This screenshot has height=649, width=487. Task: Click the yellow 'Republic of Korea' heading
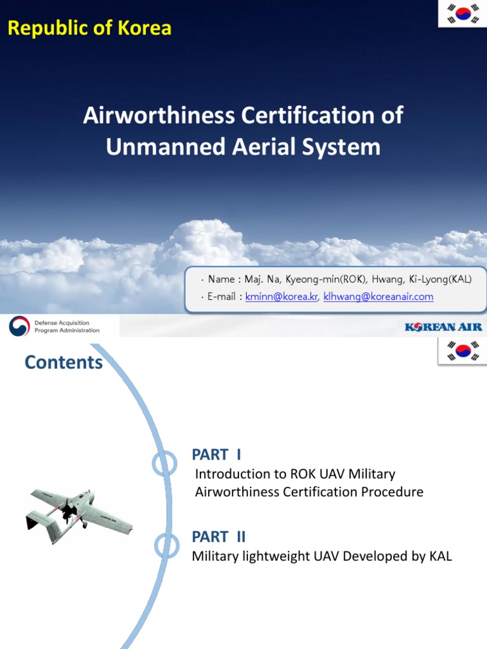89,28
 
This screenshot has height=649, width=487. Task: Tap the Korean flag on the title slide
462,13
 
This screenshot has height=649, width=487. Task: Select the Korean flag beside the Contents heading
462,350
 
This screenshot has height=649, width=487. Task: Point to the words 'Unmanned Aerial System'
243,147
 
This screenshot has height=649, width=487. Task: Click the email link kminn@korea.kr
282,296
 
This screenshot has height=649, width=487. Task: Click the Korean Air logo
443,327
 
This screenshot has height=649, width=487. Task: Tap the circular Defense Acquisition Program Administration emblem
19,326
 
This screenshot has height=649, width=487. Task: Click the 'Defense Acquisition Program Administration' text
67,326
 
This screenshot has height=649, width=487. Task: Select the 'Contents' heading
63,363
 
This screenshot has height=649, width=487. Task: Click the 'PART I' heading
216,454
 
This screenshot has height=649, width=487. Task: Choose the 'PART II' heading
219,537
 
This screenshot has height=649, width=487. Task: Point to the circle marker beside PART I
164,464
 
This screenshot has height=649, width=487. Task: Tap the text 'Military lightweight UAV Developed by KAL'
322,556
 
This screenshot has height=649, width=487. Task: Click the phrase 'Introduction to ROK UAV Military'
295,474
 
